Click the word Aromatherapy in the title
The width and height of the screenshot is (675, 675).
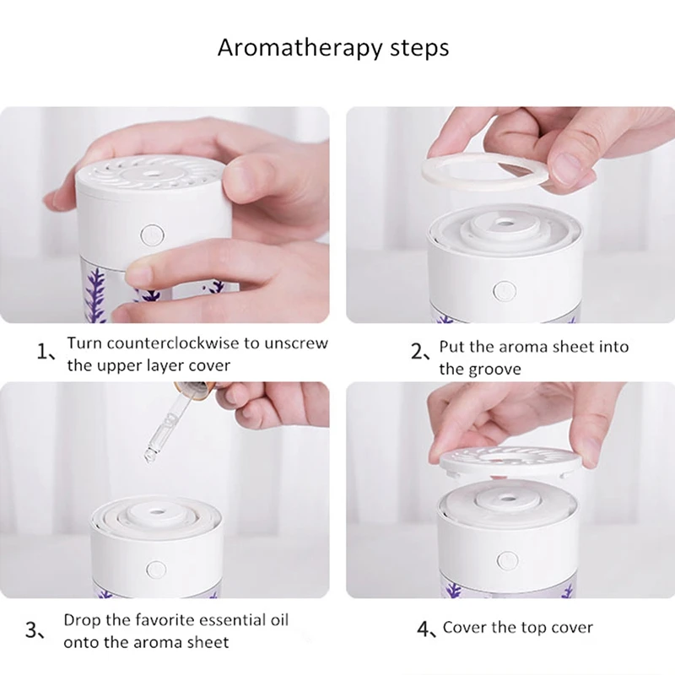coord(300,48)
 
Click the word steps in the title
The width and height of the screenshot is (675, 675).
coord(419,49)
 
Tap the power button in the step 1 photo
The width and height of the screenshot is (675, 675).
coord(152,235)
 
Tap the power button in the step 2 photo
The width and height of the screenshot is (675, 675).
coord(505,291)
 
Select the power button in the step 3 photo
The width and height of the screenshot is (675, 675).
coord(156,569)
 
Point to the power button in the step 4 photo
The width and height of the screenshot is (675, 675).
coord(507,560)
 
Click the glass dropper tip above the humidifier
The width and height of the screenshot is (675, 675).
coord(149,457)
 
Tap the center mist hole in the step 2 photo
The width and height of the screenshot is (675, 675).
coord(502,224)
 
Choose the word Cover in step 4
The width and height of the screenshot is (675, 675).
coord(464,627)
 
